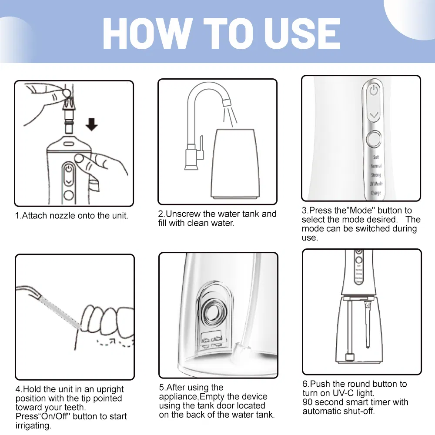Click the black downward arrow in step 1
91,125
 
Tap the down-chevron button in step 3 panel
373,116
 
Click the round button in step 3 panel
373,140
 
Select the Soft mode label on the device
376,157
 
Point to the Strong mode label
376,175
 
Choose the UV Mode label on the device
376,184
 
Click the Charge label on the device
376,193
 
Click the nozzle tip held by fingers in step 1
66,93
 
